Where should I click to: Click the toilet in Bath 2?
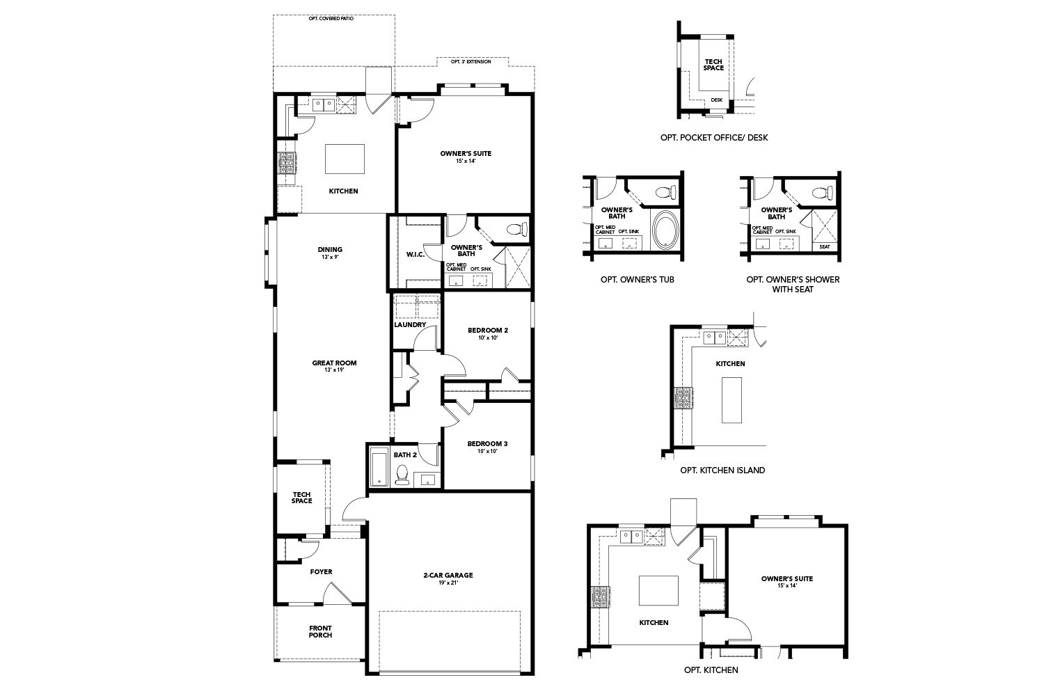pos(402,476)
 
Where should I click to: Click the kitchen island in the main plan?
pos(345,159)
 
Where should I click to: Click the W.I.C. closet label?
pos(415,254)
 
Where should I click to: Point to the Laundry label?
pos(410,324)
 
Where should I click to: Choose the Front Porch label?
pos(320,631)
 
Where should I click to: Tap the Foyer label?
pos(321,571)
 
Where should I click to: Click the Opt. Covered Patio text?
pos(331,19)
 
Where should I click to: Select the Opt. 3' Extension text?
pos(471,62)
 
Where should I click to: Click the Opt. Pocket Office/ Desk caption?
pos(714,138)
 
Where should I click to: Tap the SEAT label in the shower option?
pos(824,246)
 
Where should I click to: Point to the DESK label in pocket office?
pos(716,100)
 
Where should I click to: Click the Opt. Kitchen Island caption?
pos(722,470)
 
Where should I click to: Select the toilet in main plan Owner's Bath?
pos(516,228)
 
